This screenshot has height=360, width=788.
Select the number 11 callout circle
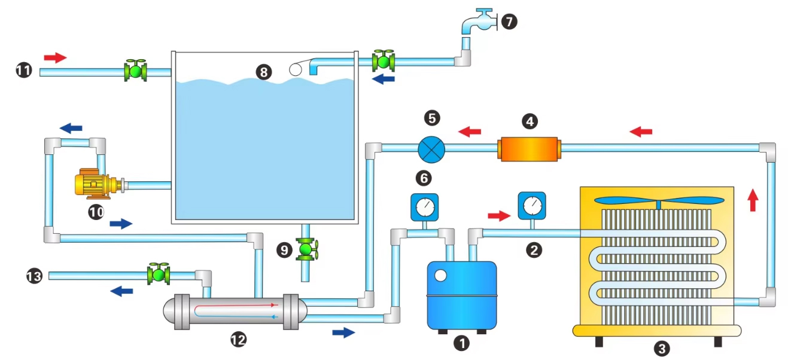click(x=24, y=70)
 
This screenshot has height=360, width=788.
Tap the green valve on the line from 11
click(x=135, y=71)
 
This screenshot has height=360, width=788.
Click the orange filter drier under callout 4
click(x=529, y=149)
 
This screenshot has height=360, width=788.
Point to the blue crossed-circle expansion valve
click(x=431, y=150)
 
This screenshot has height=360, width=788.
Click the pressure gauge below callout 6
click(x=425, y=208)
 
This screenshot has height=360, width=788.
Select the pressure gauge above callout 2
click(x=532, y=206)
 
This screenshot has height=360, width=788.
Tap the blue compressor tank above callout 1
click(x=461, y=295)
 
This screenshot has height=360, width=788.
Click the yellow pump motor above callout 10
click(x=95, y=184)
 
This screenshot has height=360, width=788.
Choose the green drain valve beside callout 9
click(x=307, y=249)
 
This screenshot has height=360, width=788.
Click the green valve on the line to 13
click(x=159, y=274)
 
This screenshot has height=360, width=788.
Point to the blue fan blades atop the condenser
click(x=659, y=201)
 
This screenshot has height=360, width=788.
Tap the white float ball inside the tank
click(x=296, y=69)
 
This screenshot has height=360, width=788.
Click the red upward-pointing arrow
click(x=753, y=200)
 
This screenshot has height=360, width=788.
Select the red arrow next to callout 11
click(x=55, y=57)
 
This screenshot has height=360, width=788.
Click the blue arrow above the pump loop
click(x=71, y=128)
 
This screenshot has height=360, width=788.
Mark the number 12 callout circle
click(x=238, y=340)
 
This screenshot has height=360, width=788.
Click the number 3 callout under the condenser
click(x=662, y=349)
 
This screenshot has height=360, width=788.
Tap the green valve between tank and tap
click(x=384, y=61)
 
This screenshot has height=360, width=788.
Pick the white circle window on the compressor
click(x=440, y=276)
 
